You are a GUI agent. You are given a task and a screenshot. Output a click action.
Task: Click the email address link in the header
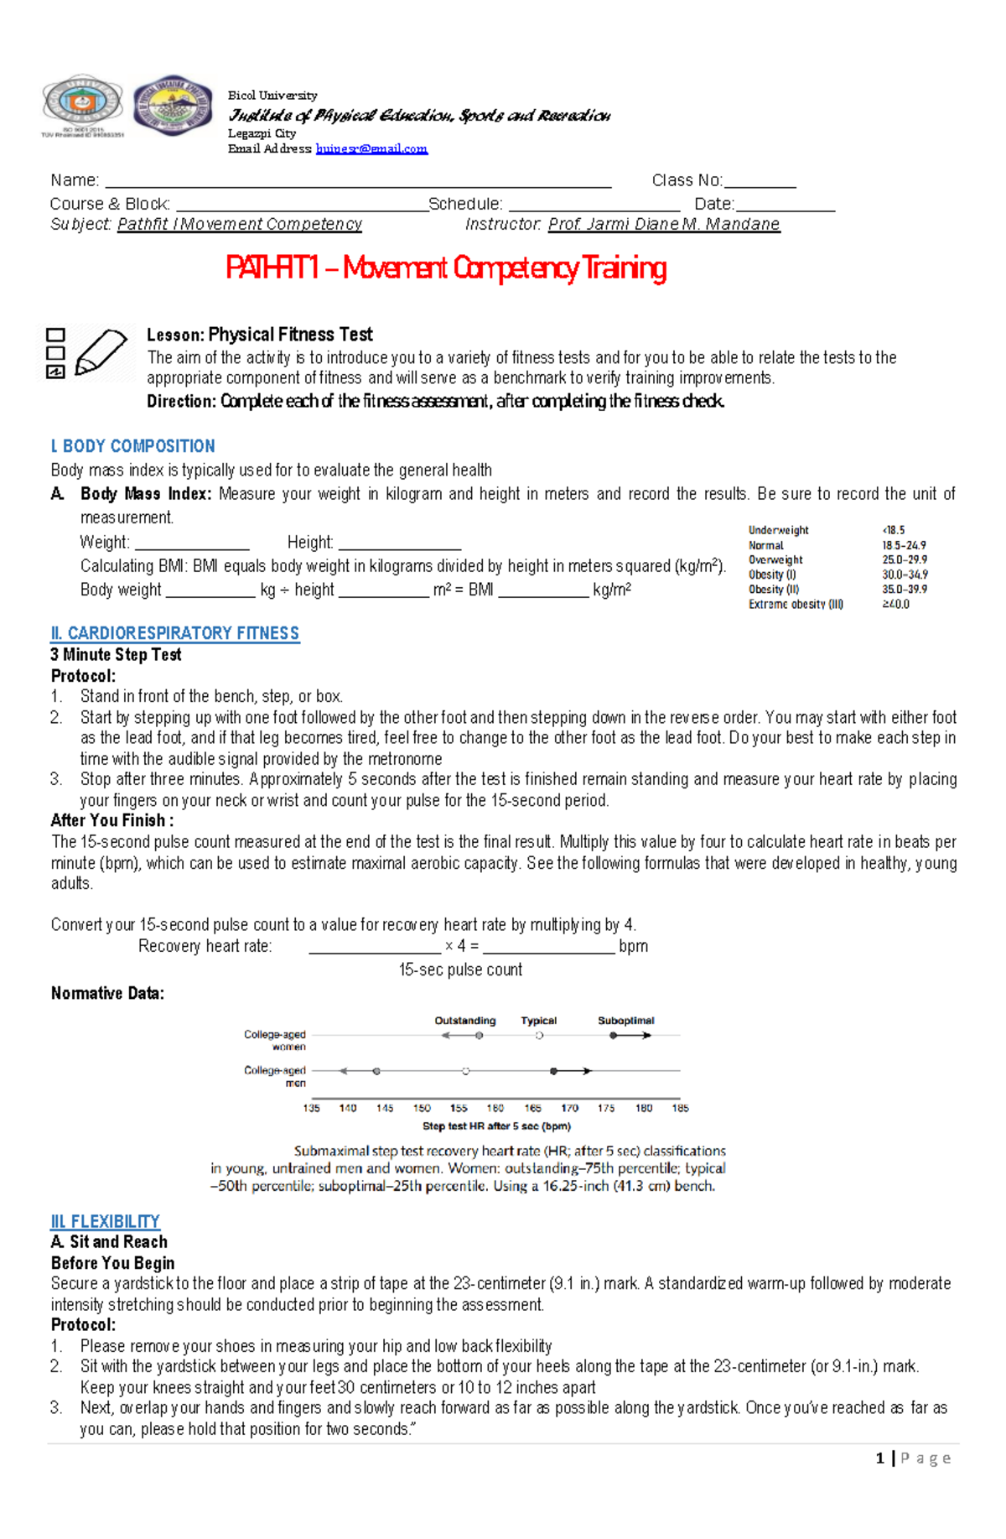coord(371,148)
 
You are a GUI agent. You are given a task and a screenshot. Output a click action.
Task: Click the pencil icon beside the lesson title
coord(101,351)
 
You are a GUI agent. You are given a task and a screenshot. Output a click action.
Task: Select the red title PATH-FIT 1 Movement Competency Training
coord(446,268)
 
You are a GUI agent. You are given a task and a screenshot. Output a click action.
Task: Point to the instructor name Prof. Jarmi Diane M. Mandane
coord(664,224)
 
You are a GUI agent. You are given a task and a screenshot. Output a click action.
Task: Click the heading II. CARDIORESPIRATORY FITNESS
coord(174,633)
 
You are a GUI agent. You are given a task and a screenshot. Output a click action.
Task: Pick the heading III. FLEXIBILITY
coord(105,1221)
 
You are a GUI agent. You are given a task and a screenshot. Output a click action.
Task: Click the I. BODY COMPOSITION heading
coord(132,446)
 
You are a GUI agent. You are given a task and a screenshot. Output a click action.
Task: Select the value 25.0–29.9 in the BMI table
coord(904,559)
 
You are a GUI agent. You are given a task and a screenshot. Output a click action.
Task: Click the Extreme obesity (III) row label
coord(796,604)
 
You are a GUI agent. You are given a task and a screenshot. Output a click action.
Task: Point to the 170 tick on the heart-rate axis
coord(569,1108)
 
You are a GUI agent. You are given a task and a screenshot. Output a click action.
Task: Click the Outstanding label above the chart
coord(464,1021)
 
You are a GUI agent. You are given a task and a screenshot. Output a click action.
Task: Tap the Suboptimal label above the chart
coord(625,1021)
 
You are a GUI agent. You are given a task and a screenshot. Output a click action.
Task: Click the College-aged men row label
coord(276,1076)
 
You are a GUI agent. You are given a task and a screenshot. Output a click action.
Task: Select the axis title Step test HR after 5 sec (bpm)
coord(496,1126)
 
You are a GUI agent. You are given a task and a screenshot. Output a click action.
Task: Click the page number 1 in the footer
coord(879,1458)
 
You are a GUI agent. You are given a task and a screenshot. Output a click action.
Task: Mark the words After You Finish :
coord(112,820)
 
